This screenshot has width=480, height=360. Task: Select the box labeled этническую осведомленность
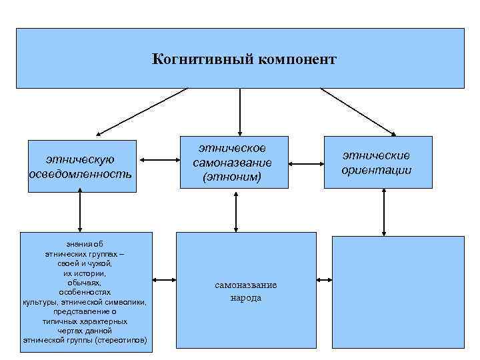click(81, 166)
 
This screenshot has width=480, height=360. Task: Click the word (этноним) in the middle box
click(233, 177)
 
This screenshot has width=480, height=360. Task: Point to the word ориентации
click(377, 170)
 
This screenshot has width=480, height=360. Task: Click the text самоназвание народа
click(246, 291)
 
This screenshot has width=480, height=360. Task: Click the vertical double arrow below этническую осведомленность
click(80, 211)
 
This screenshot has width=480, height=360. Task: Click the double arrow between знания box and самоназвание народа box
click(164, 281)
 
